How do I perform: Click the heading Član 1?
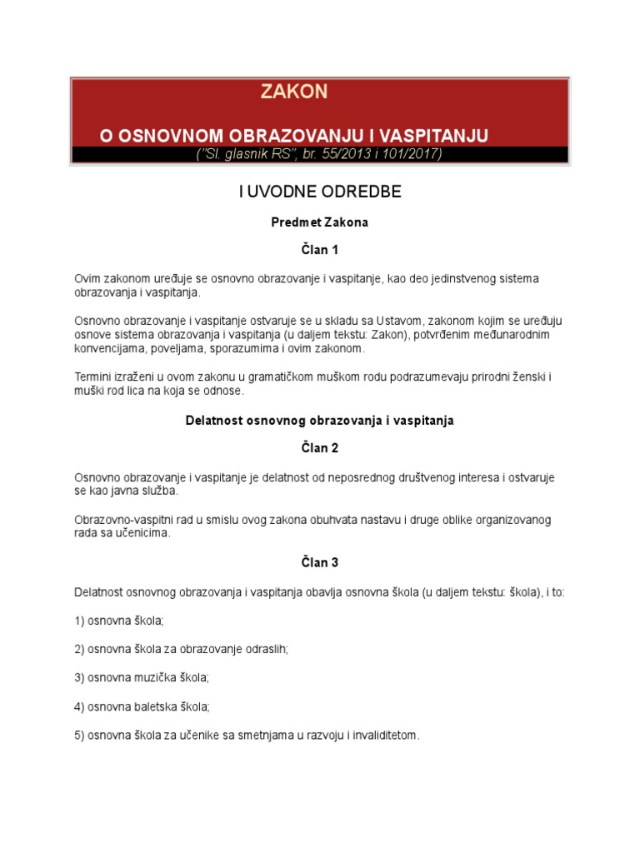320,250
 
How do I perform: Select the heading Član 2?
320,448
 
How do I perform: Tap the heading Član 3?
320,562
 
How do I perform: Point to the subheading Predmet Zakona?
320,222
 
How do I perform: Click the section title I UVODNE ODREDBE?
320,192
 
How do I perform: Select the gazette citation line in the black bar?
320,154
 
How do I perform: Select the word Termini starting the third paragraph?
94,377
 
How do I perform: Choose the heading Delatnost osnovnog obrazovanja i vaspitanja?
320,421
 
